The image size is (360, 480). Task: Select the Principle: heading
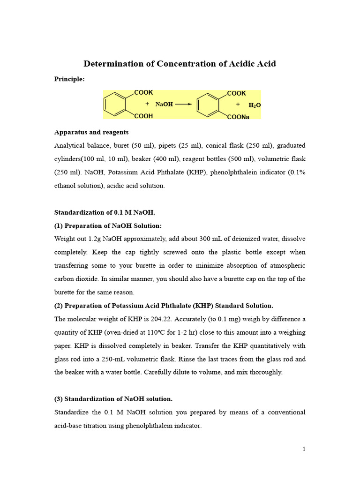coord(70,79)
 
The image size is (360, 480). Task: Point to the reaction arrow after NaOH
coord(183,105)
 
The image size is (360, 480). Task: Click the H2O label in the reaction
coord(255,105)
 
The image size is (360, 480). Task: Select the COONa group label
coord(238,117)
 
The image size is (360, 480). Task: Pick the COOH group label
coord(143,116)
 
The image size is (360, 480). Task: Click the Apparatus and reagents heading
coord(91,132)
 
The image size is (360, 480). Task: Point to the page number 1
coord(304,449)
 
